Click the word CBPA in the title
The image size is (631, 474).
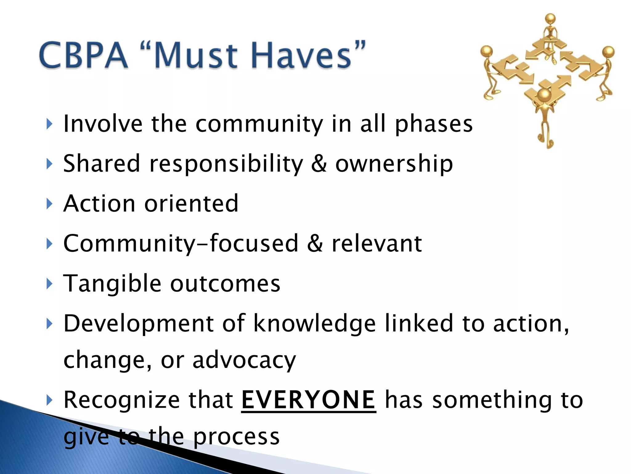(x=83, y=56)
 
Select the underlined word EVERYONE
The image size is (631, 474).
(x=308, y=400)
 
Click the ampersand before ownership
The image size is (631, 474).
(x=319, y=164)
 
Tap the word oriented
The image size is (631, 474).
(x=191, y=204)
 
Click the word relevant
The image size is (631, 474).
(x=377, y=244)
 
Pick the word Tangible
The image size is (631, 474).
(x=112, y=284)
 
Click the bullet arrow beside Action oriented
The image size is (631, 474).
(x=49, y=204)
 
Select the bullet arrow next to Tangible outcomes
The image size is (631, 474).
(x=49, y=284)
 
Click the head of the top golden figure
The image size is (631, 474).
(x=550, y=19)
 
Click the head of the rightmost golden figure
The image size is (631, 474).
(x=609, y=52)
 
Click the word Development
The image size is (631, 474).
(x=138, y=324)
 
